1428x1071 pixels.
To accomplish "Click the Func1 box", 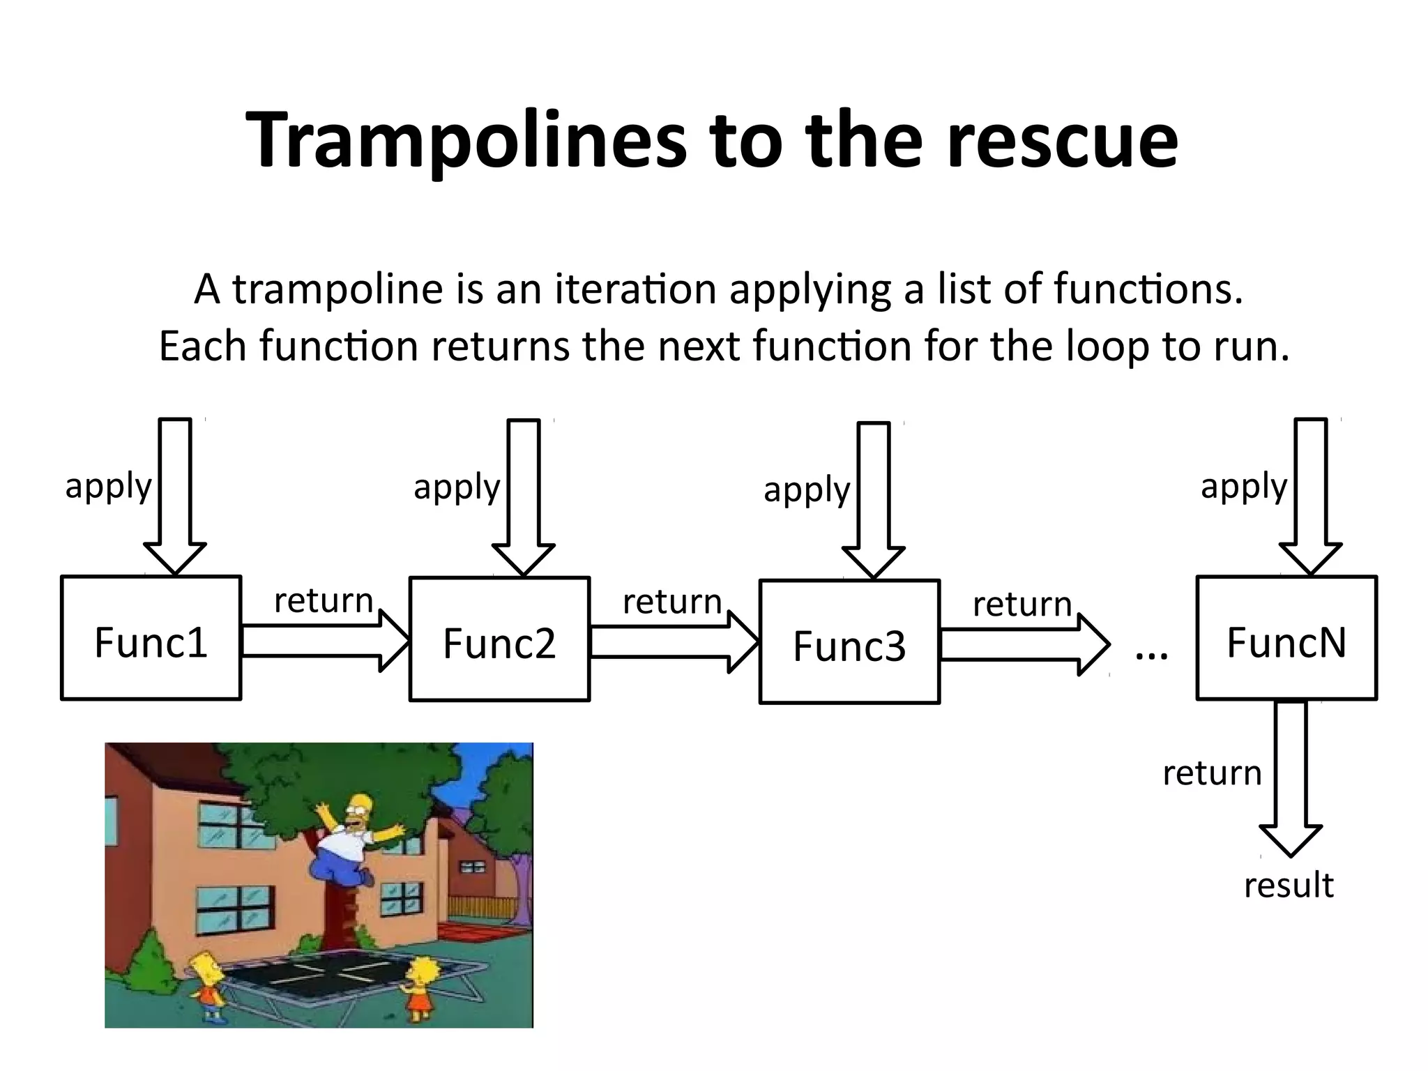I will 151,638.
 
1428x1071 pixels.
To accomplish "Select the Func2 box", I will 499,639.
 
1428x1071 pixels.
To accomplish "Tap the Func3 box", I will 849,642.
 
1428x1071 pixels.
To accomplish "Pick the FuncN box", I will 1286,638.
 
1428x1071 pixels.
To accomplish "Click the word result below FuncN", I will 1289,886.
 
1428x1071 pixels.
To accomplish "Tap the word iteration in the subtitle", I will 635,289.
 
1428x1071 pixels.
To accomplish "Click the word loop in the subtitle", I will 1107,346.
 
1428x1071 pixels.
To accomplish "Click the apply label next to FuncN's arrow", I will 1244,486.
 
